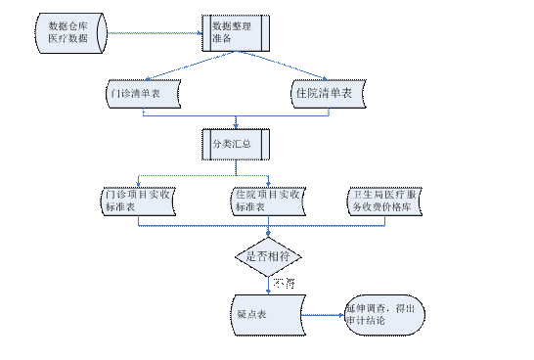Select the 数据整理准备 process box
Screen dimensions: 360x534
[x=236, y=32]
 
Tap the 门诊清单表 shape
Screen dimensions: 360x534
[x=144, y=94]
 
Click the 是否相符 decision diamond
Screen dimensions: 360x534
[x=267, y=255]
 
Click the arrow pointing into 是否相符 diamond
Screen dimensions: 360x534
[x=267, y=232]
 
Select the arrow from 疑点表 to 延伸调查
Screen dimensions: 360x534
[x=323, y=315]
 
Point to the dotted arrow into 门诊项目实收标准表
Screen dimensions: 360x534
[x=138, y=181]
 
